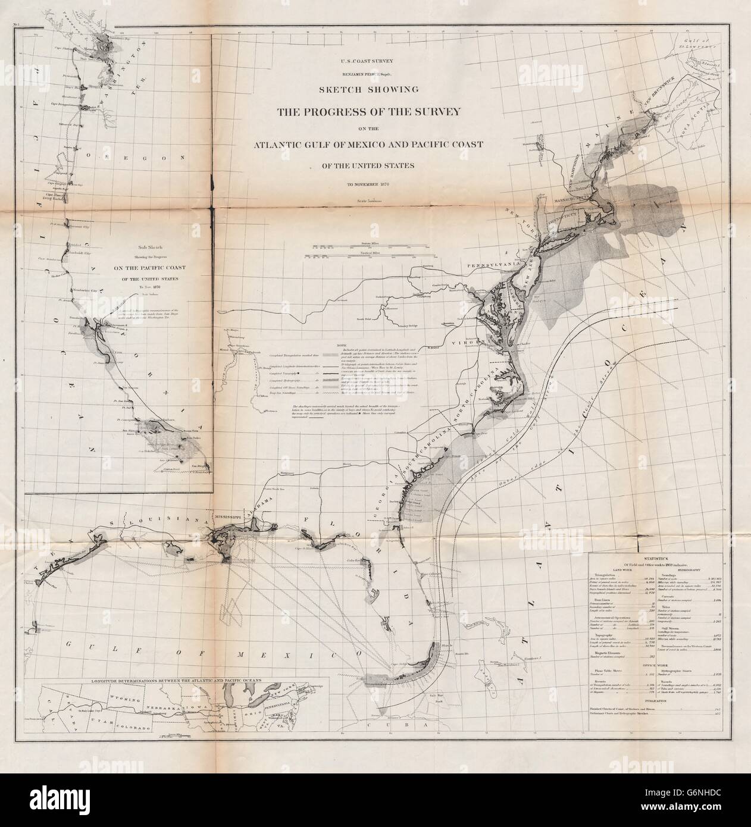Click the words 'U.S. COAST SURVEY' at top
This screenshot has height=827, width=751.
tap(375, 61)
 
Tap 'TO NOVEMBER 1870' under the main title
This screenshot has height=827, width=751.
tap(375, 185)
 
